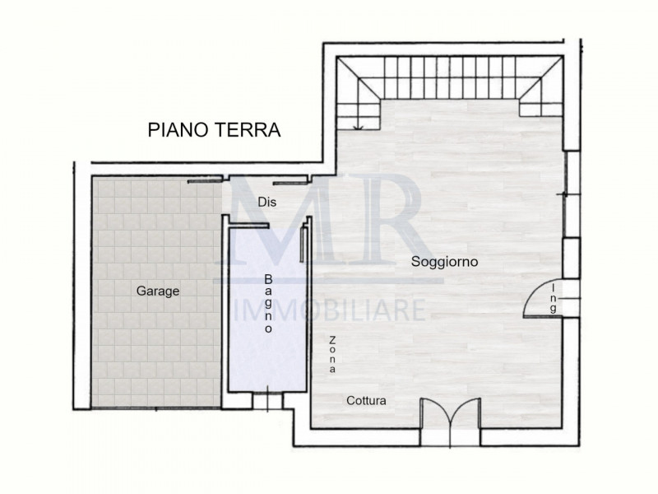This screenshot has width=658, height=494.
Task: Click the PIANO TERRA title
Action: (214, 129)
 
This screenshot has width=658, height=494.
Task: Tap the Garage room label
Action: (158, 291)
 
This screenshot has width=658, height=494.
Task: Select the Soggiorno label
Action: (445, 261)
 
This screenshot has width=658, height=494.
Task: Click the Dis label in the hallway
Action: (265, 201)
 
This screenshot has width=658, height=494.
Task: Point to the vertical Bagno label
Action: (268, 303)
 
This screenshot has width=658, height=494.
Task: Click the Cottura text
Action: (366, 401)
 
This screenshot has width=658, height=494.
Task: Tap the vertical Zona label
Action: (332, 356)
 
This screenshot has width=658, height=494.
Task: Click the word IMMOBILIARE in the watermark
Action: (331, 310)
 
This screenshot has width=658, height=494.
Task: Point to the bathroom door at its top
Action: (250, 227)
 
